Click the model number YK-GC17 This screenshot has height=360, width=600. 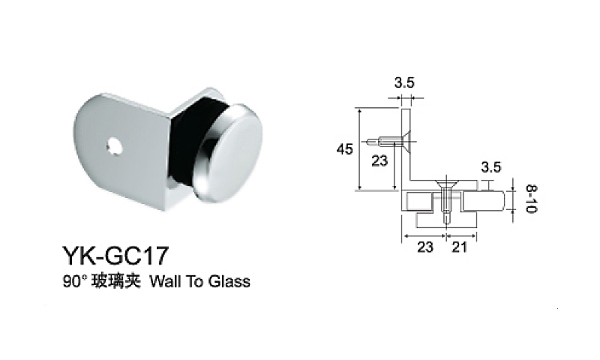pyautogui.click(x=115, y=256)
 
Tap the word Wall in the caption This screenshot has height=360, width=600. pyautogui.click(x=165, y=282)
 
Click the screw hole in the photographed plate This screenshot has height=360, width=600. pyautogui.click(x=114, y=146)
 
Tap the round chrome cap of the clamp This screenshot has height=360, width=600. pyautogui.click(x=229, y=151)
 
